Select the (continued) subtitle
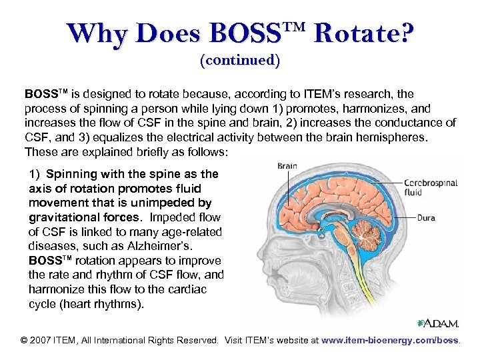coord(240,60)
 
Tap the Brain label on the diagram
coord(287,166)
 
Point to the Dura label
coord(426,217)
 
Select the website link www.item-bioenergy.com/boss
coord(391,340)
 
